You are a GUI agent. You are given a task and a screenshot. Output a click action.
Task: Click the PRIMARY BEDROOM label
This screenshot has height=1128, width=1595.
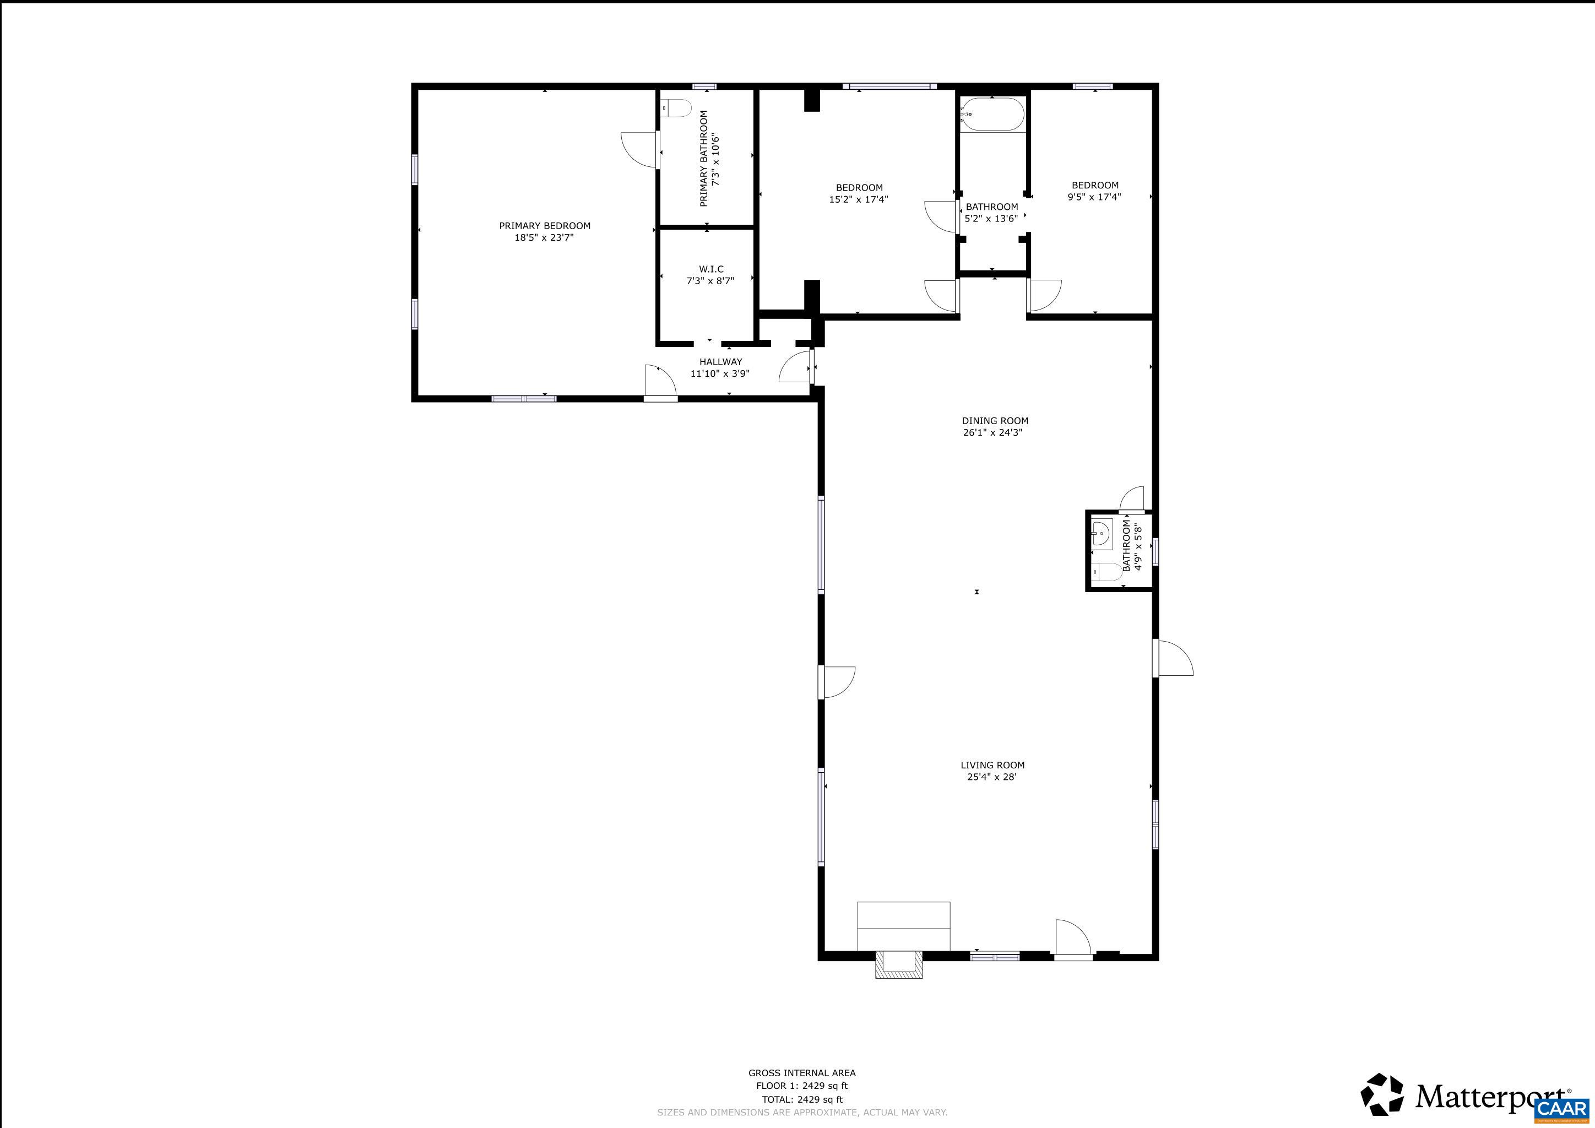545,226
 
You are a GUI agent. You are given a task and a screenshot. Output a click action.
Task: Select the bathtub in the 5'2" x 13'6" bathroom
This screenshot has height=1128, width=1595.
991,115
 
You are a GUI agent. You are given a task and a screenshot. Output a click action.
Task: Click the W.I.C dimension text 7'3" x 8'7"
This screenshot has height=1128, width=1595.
710,280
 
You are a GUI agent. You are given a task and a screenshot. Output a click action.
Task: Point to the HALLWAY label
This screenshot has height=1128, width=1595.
720,362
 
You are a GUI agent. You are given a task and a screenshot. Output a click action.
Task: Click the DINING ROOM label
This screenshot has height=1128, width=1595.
995,421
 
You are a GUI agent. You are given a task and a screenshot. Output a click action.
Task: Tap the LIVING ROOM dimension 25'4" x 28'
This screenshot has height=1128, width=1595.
991,777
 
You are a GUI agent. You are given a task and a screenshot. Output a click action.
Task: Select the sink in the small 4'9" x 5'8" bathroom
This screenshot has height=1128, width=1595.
1101,534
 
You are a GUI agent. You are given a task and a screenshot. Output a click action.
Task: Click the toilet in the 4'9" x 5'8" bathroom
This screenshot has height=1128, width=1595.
1106,572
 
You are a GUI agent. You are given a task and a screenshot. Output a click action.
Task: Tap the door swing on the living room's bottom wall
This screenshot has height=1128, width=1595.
1072,937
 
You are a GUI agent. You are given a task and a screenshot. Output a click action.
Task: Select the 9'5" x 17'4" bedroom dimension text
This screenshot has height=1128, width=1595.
1094,197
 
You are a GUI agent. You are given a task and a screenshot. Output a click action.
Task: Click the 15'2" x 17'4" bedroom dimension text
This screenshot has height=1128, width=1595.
859,199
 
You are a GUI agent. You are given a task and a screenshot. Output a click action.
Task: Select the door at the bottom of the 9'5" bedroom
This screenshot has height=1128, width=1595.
1044,295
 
